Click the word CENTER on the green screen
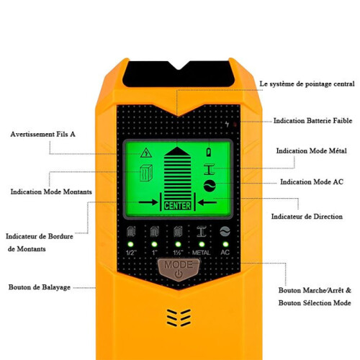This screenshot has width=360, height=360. click(x=177, y=206)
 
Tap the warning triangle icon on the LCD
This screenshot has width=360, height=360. click(x=146, y=153)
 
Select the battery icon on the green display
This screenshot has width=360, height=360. click(x=209, y=152)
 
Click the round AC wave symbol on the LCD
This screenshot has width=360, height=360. click(x=210, y=186)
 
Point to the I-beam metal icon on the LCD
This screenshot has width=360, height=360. click(x=209, y=169)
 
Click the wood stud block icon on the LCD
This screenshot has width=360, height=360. click(x=146, y=173)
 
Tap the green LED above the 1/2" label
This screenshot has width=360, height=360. click(x=130, y=244)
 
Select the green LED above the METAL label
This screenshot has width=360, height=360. click(x=202, y=244)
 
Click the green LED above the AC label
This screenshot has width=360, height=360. click(x=225, y=244)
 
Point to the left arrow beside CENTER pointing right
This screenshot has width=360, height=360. click(x=148, y=202)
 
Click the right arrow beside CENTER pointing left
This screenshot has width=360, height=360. click(x=207, y=202)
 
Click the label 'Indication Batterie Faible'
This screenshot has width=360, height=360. click(x=312, y=120)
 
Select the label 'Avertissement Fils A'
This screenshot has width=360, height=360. click(x=42, y=134)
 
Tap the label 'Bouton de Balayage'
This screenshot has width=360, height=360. click(x=40, y=287)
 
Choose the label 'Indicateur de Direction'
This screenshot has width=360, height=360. click(x=307, y=217)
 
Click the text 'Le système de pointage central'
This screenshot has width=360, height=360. click(x=307, y=84)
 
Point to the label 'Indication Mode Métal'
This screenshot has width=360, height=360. click(x=311, y=150)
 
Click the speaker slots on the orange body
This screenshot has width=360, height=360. click(x=179, y=318)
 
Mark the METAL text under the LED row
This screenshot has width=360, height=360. click(x=201, y=253)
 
